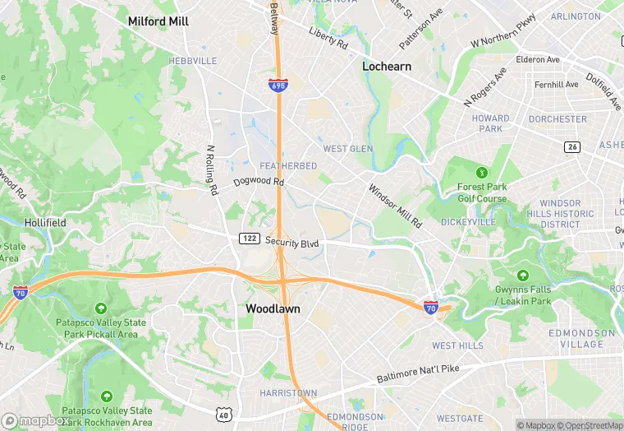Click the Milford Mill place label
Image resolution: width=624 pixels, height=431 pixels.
158,21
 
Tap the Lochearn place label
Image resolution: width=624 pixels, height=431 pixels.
387,66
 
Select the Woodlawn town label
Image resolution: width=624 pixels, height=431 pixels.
273,308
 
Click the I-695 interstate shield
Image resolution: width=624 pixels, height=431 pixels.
278,85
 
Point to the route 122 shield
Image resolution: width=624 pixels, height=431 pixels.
250,239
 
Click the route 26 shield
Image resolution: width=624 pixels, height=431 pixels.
572,146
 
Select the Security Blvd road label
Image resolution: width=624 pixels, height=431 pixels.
291,243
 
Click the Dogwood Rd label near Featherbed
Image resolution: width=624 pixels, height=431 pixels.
258,182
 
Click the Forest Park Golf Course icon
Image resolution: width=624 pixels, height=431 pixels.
482,173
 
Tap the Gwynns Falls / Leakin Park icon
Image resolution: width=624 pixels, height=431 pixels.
522,276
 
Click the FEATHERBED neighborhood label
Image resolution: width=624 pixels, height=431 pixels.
288,166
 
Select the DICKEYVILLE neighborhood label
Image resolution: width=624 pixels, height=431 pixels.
468,222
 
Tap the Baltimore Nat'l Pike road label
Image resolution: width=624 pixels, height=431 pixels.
420,372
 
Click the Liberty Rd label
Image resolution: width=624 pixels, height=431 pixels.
328,37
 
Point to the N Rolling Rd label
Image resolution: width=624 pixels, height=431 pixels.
212,170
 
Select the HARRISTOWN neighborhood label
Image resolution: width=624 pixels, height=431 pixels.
287,393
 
